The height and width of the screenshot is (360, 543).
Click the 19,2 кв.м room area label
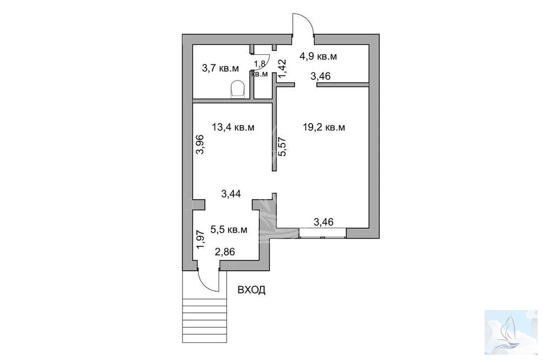pos(324,127)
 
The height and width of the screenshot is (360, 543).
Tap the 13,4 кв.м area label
pos(233,127)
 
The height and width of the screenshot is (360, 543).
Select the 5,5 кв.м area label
pos(229,229)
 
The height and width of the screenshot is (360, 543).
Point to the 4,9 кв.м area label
pos(318,56)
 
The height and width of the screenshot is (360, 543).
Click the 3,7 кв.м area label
pos(220,68)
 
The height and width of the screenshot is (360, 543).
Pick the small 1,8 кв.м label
pos(260,68)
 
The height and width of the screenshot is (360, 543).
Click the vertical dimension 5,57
pos(282,147)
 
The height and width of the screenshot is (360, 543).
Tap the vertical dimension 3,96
pos(200,144)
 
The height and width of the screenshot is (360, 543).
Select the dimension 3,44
pos(231,194)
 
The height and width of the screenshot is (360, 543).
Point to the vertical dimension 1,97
pos(201,240)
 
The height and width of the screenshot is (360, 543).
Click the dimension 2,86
pos(225,252)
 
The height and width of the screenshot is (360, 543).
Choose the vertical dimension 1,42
pos(282,68)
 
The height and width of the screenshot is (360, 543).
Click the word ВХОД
pos(252,290)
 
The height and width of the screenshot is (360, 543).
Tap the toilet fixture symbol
pos(238,89)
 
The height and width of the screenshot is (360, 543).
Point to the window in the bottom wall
pos(323,233)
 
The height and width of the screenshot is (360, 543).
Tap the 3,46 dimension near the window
pos(323,222)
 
